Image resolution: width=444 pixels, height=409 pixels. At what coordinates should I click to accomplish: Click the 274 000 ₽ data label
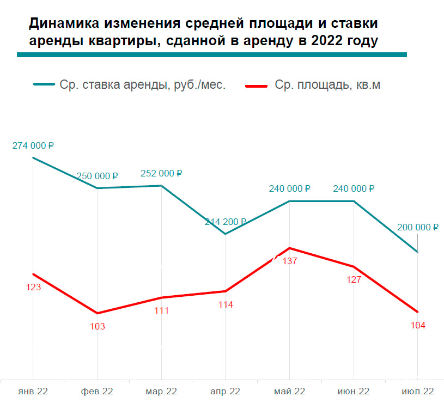tap(33, 146)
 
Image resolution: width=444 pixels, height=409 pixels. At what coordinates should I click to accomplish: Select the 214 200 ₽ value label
tap(226, 222)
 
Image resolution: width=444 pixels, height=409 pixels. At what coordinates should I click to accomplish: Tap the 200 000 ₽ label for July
tap(417, 228)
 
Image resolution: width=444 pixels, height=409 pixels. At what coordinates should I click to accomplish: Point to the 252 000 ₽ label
tap(161, 174)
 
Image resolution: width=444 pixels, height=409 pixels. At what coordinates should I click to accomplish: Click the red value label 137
tap(290, 261)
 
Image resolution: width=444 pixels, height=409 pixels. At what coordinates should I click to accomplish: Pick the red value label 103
tap(97, 327)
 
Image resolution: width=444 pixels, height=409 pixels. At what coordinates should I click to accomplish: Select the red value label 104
tap(418, 325)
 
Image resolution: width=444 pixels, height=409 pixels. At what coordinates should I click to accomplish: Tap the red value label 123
tap(33, 288)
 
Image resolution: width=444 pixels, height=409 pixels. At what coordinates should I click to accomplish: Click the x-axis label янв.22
tap(33, 392)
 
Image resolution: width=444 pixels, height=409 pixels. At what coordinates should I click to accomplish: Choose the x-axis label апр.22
tap(225, 392)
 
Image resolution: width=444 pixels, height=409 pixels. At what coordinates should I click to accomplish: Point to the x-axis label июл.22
tap(417, 392)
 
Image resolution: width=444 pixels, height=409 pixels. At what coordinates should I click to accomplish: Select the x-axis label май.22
tap(289, 392)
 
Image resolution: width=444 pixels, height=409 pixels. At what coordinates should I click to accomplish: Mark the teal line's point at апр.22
tap(226, 234)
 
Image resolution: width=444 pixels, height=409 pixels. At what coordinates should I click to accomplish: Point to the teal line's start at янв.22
tap(33, 158)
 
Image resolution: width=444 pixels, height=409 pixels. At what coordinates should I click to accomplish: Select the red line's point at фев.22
tap(97, 313)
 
